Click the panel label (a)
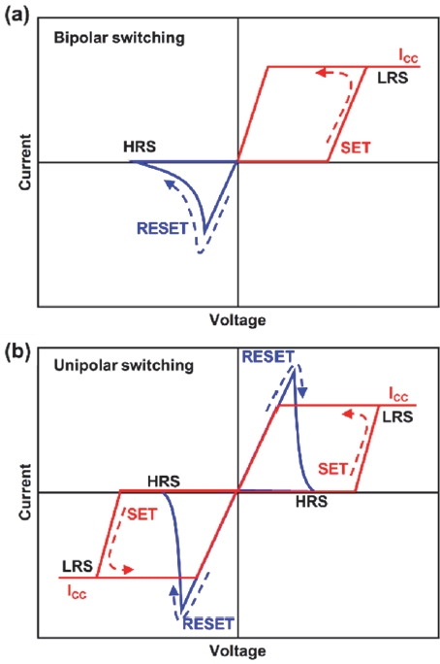click(16, 17)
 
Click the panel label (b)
click(16, 352)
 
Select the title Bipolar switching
click(119, 38)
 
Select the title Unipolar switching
click(124, 365)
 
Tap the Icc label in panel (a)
click(408, 56)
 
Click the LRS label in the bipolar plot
click(393, 78)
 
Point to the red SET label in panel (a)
click(356, 148)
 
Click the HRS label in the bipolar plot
click(140, 147)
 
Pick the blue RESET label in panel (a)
click(162, 229)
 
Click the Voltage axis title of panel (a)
click(238, 319)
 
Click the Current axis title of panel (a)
click(25, 162)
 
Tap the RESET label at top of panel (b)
click(267, 357)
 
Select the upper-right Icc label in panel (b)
click(398, 394)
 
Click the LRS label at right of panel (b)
click(397, 417)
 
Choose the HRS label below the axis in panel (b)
click(311, 502)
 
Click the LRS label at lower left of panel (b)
click(78, 566)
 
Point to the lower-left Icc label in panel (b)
click(77, 592)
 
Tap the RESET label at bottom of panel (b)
click(208, 624)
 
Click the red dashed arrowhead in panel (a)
click(322, 73)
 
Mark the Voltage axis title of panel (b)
click(238, 650)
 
